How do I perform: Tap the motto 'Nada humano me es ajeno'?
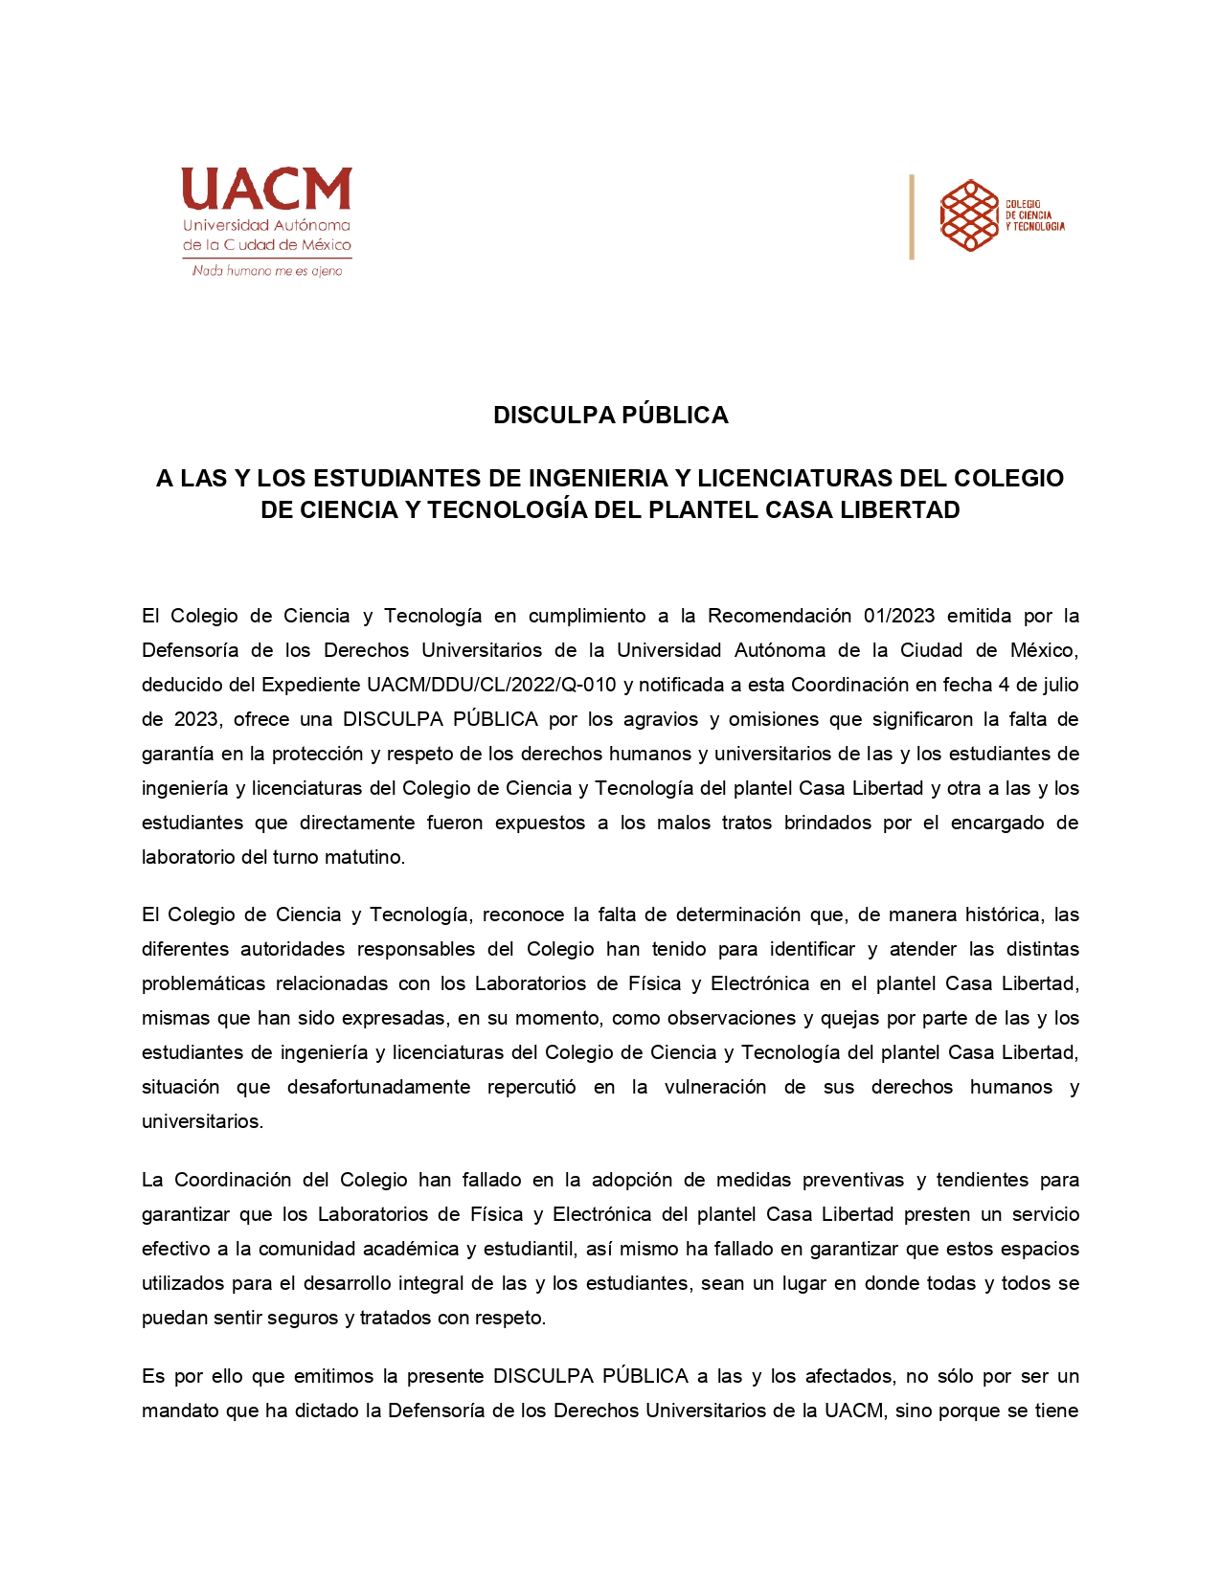267,271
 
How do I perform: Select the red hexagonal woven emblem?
969,215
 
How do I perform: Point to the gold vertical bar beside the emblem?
912,216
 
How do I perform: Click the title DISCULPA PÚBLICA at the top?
610,415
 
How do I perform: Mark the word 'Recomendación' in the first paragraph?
779,616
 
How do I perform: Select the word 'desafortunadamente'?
378,1087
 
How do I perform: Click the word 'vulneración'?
714,1087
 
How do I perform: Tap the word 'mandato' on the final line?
177,1411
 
